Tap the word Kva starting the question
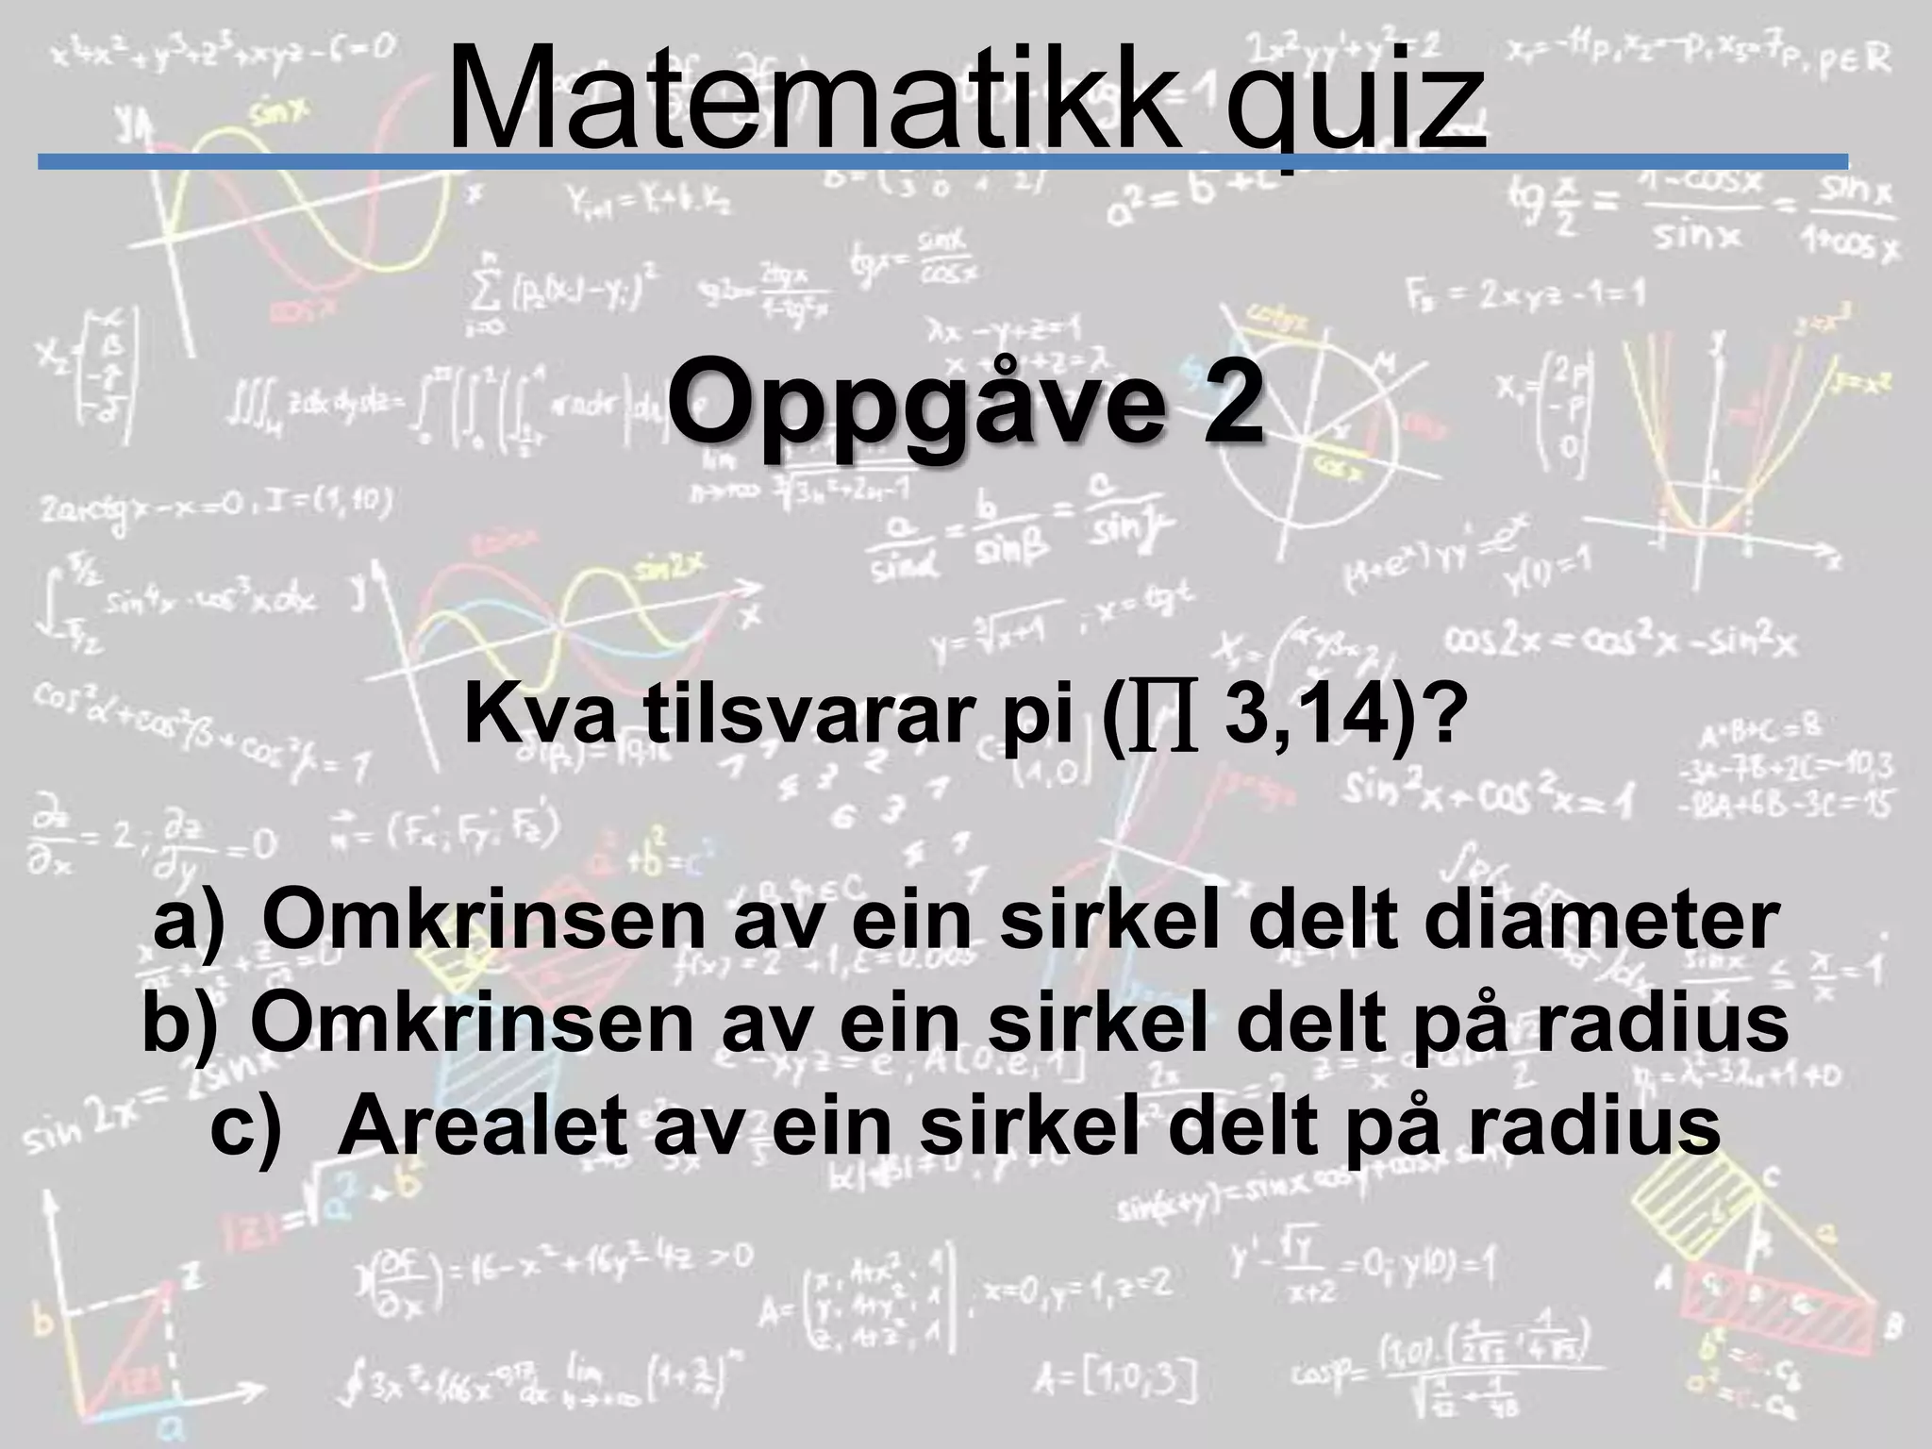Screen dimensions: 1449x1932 [538, 719]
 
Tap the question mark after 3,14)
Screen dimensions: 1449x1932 [1446, 719]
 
